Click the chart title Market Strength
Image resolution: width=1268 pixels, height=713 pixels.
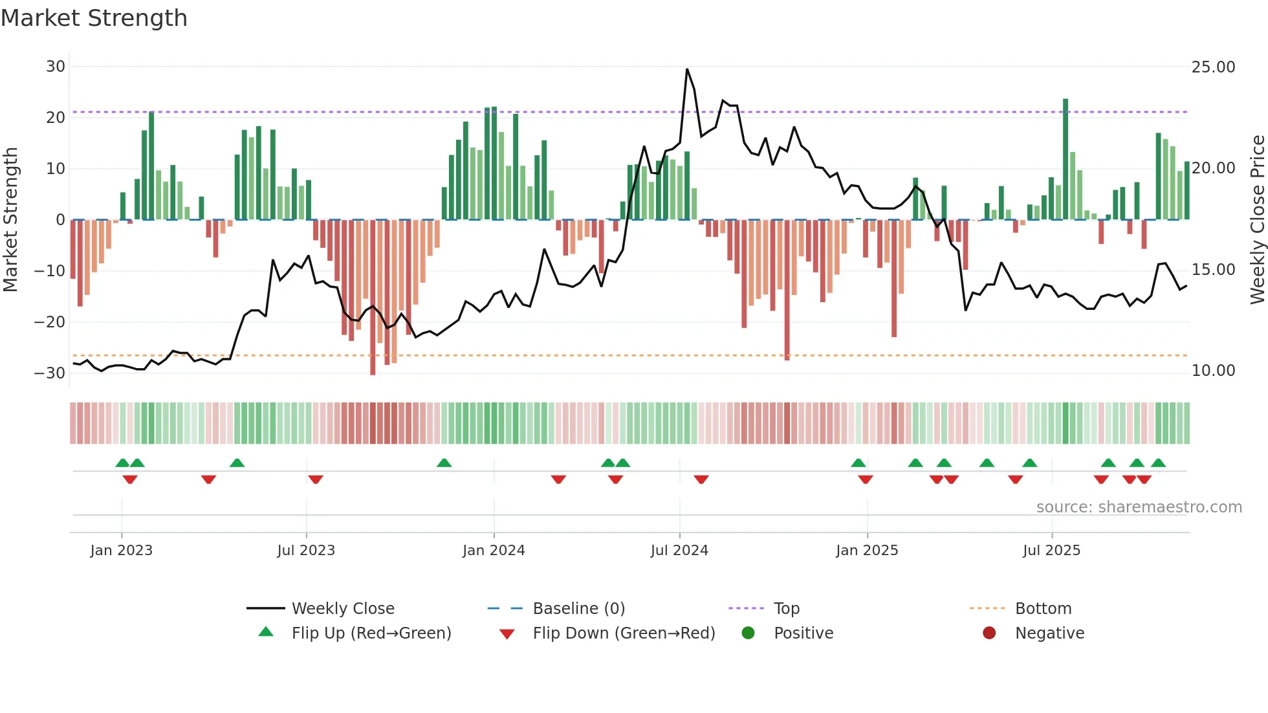(94, 18)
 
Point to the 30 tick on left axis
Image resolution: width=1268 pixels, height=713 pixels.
(56, 67)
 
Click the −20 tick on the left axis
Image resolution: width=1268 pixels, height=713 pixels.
(50, 322)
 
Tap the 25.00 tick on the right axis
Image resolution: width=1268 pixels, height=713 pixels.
(1213, 67)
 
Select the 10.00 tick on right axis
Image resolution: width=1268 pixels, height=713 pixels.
(1213, 371)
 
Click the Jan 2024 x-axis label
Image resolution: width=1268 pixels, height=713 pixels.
(494, 551)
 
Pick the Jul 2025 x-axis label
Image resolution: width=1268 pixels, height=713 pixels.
(1051, 551)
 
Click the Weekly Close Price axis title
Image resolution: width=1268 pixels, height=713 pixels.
(1257, 220)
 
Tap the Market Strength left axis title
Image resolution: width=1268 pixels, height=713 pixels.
(10, 220)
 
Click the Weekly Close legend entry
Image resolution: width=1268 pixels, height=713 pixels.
(343, 609)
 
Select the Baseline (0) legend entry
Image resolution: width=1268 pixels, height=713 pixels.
(578, 609)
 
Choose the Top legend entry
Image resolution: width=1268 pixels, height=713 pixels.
(786, 609)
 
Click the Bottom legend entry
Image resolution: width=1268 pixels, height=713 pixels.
(1043, 609)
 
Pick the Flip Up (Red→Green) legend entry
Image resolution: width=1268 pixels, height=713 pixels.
(371, 633)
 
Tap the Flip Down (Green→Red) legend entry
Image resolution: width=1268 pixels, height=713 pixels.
(624, 633)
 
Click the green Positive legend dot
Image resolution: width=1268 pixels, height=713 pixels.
(749, 633)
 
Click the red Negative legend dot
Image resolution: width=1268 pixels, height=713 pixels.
(989, 633)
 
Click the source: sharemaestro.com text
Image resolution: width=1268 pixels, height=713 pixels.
(1139, 507)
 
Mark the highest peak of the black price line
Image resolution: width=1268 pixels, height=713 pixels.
(687, 69)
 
